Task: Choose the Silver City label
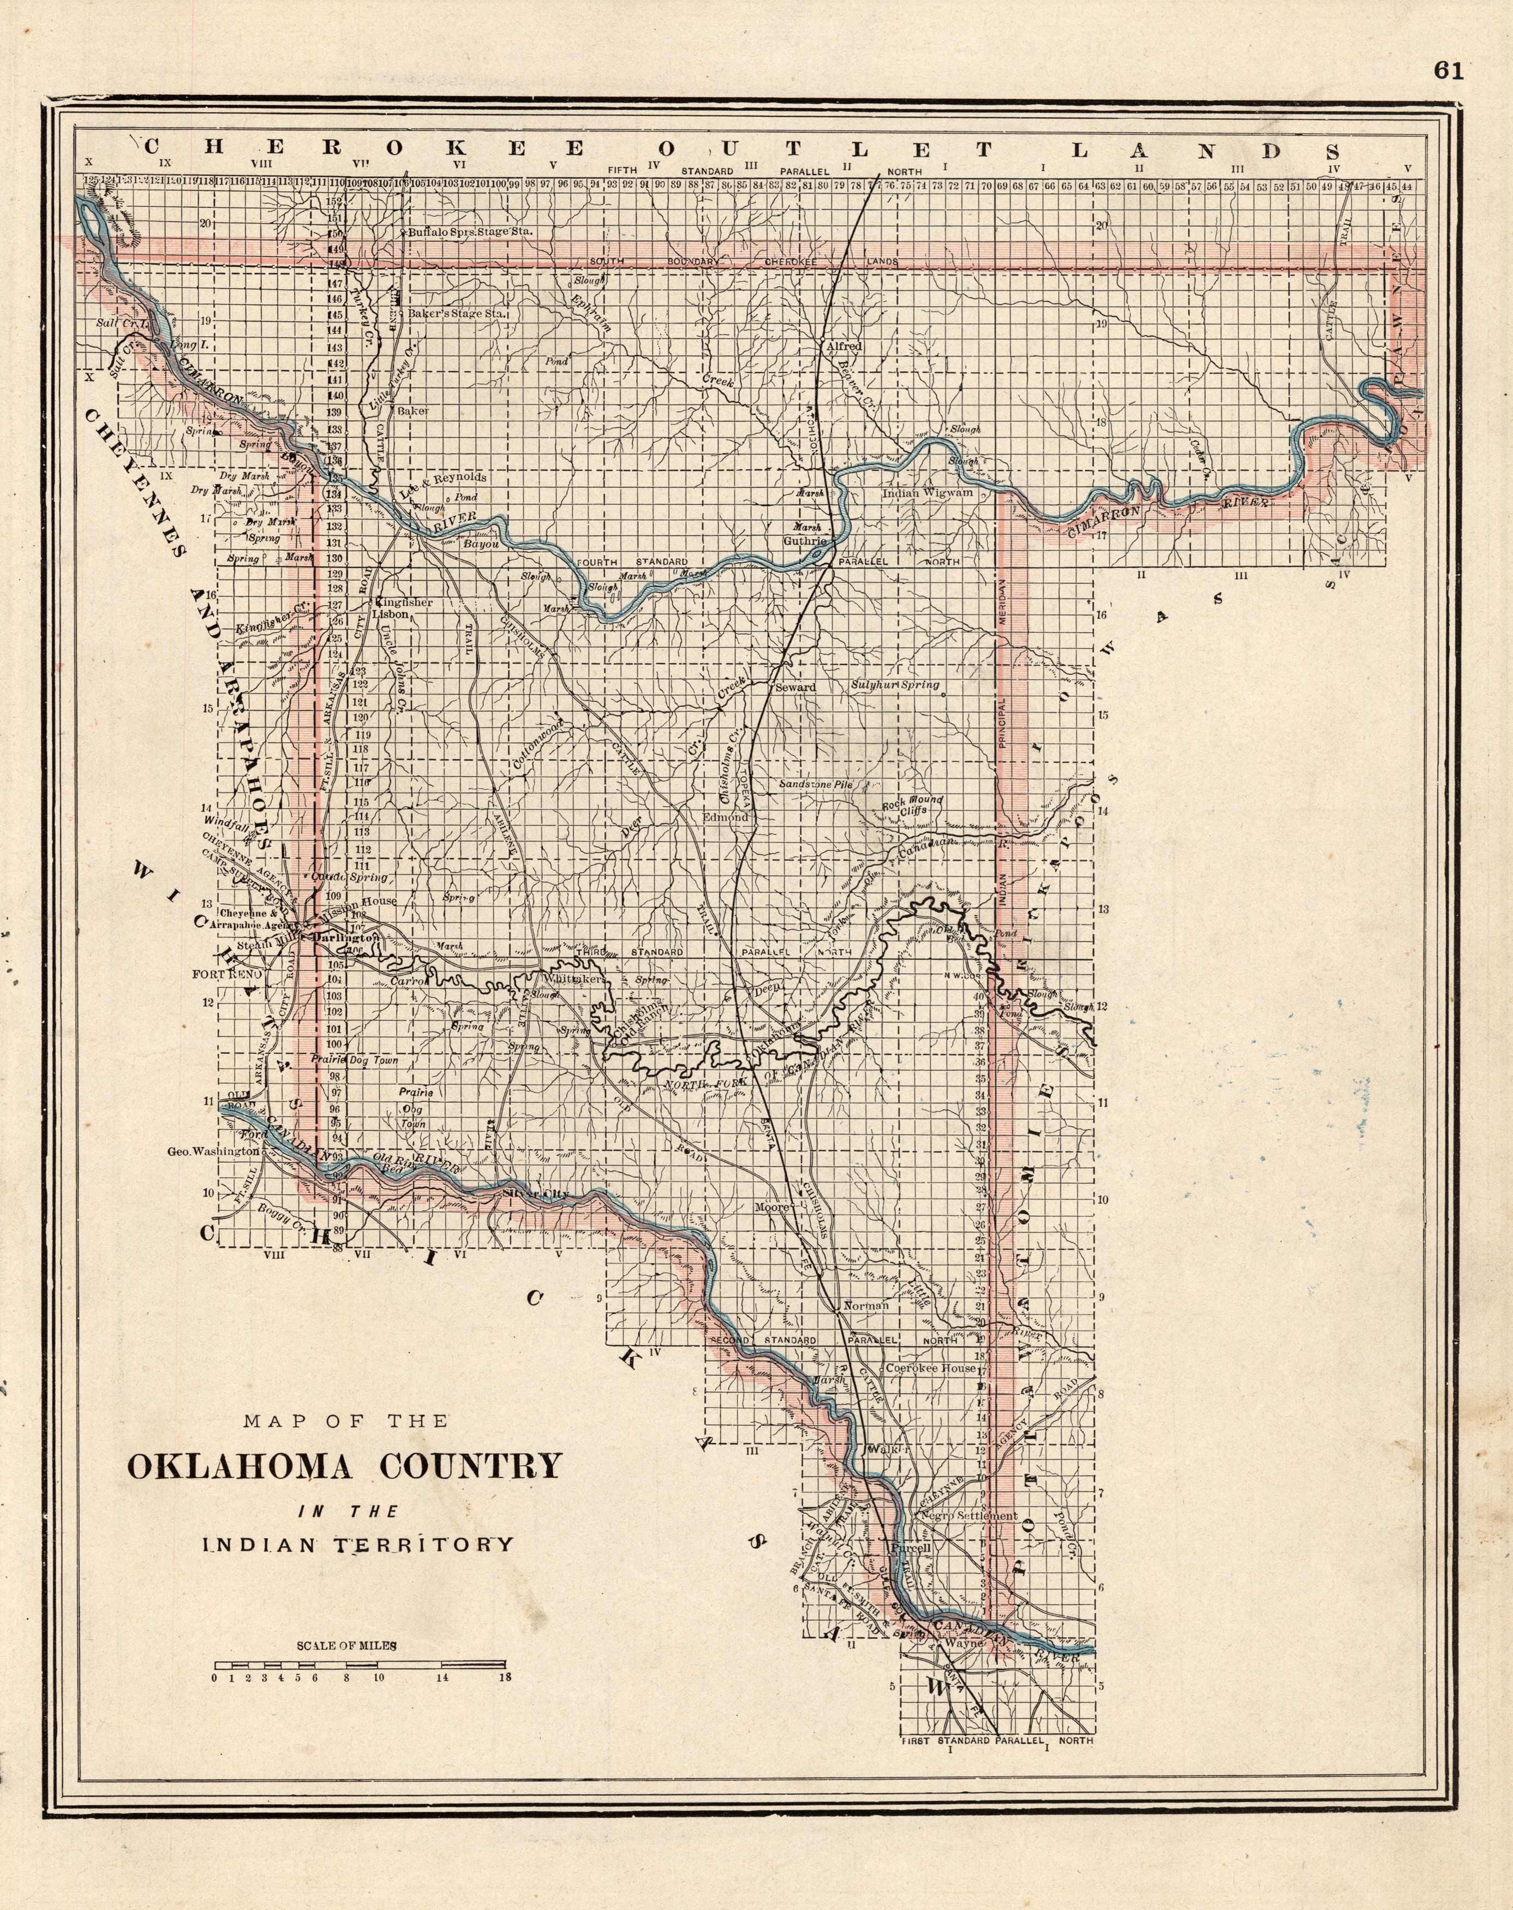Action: [x=535, y=1194]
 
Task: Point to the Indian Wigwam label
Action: [x=928, y=492]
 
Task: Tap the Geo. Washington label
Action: [x=213, y=1151]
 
